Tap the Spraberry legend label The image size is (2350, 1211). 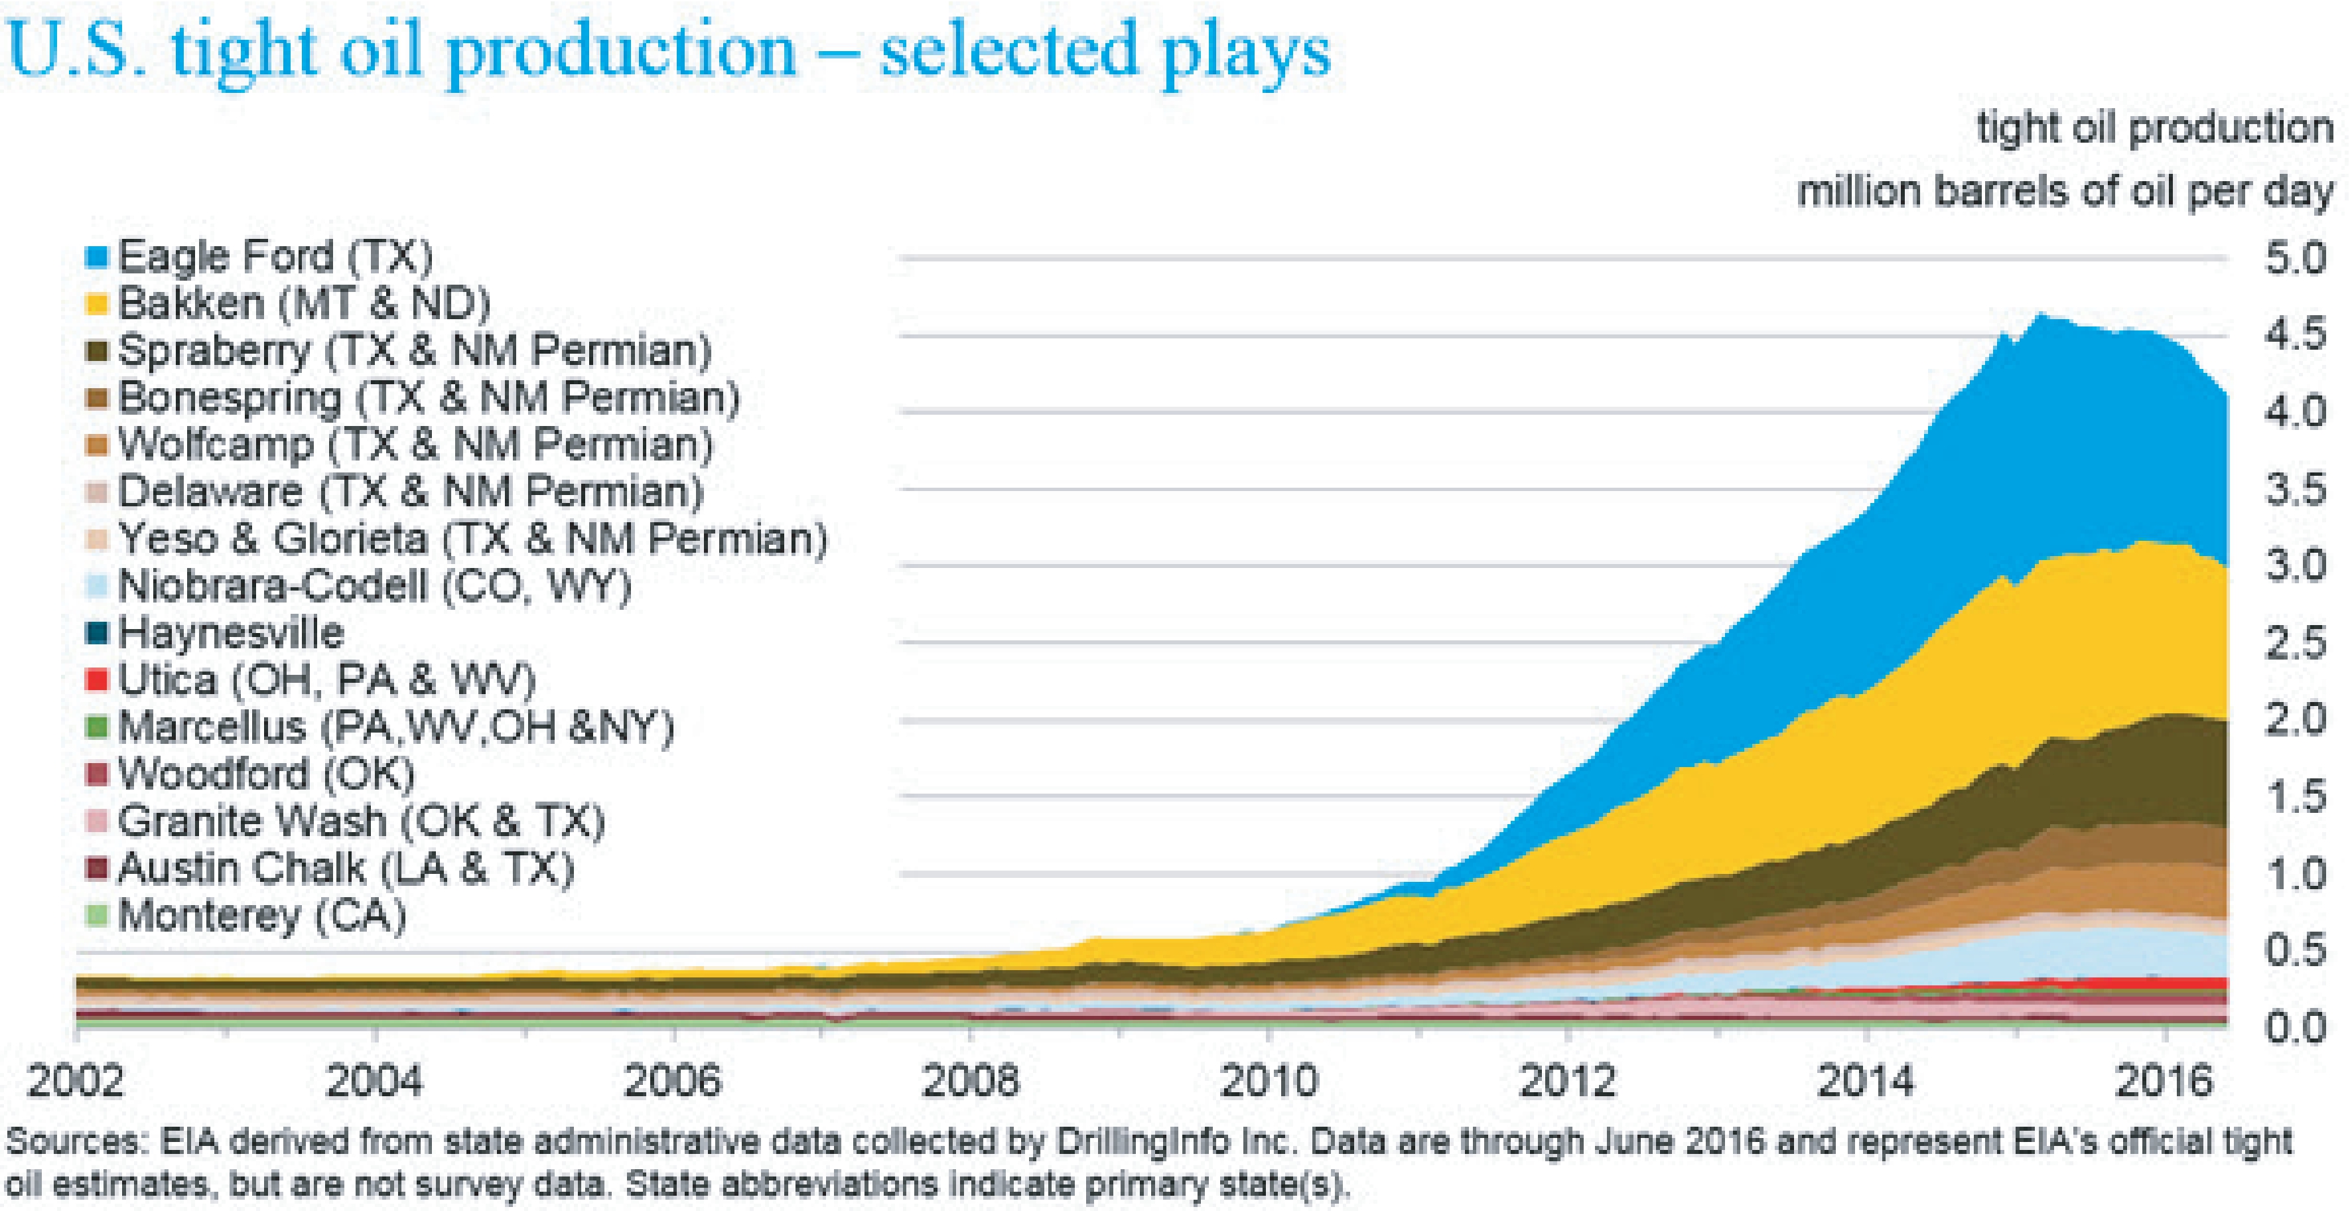[414, 350]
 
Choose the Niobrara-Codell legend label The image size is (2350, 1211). [374, 586]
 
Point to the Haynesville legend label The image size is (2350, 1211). [231, 632]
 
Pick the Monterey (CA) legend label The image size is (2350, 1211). [262, 915]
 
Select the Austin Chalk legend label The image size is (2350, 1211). [346, 868]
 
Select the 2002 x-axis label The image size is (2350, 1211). [76, 1082]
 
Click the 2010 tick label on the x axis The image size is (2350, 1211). [1268, 1082]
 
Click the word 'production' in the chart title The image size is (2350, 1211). [621, 50]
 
